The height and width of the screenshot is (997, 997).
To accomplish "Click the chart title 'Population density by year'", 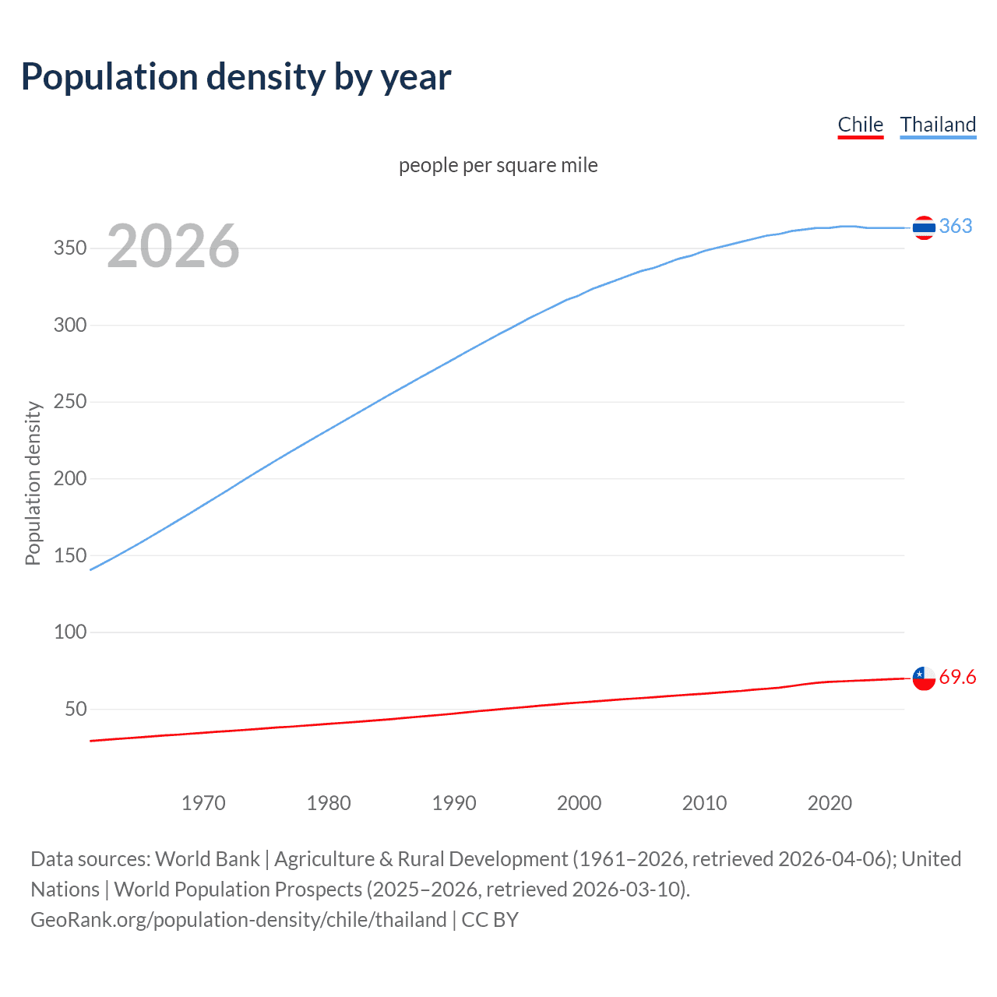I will [x=236, y=77].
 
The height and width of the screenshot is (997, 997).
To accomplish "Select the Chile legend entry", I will [x=860, y=125].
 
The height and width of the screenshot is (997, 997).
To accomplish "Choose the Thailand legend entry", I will [x=938, y=125].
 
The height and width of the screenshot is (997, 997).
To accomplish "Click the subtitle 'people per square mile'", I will [x=498, y=165].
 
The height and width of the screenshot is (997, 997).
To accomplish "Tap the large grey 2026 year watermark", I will [x=173, y=246].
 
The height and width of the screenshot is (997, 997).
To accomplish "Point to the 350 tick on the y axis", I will [x=70, y=248].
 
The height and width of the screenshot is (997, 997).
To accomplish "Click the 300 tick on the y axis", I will [x=70, y=325].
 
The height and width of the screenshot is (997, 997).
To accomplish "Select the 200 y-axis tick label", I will [x=70, y=478].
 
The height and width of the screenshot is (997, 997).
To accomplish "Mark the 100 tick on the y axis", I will [x=70, y=632].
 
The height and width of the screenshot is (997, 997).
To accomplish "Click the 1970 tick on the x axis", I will [x=203, y=803].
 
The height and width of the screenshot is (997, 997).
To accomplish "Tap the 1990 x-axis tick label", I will [x=454, y=803].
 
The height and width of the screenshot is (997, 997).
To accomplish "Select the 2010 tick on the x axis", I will [x=704, y=803].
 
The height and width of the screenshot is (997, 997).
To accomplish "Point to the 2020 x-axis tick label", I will [x=830, y=803].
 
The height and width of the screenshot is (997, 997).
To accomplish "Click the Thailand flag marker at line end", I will [x=924, y=227].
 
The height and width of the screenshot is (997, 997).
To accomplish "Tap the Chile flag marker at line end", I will [x=924, y=678].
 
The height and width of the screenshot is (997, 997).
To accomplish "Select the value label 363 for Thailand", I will [x=956, y=226].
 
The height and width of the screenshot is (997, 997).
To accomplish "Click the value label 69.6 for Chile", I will [x=957, y=678].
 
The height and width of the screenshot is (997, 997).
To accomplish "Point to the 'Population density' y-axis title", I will [x=33, y=483].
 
